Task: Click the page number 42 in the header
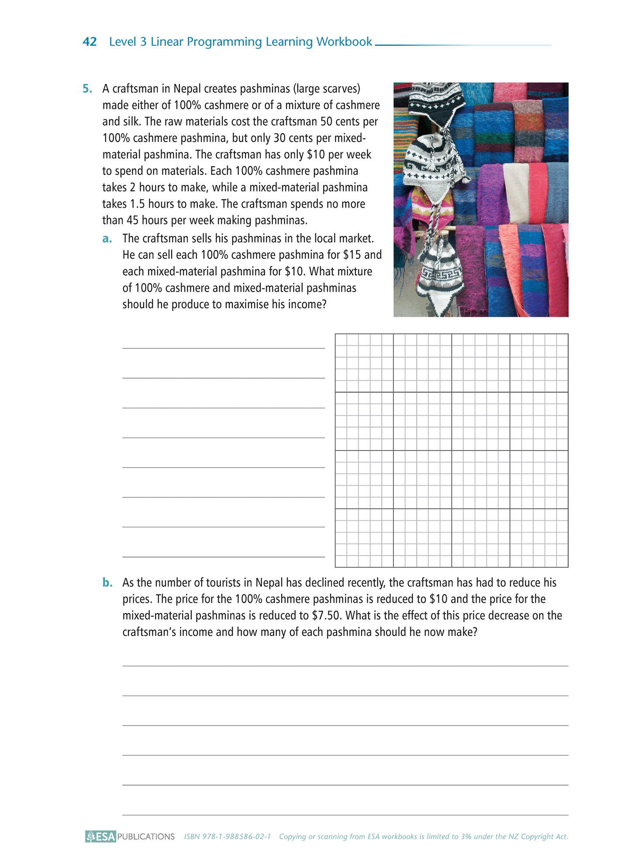click(90, 42)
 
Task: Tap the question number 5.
click(87, 89)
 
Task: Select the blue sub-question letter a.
click(107, 239)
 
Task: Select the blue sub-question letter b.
click(107, 583)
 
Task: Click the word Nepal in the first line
click(186, 89)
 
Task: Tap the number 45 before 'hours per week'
click(132, 220)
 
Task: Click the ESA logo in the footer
click(100, 837)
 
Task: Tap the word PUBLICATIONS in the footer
click(146, 837)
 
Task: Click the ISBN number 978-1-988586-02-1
click(237, 837)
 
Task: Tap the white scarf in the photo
click(516, 192)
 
